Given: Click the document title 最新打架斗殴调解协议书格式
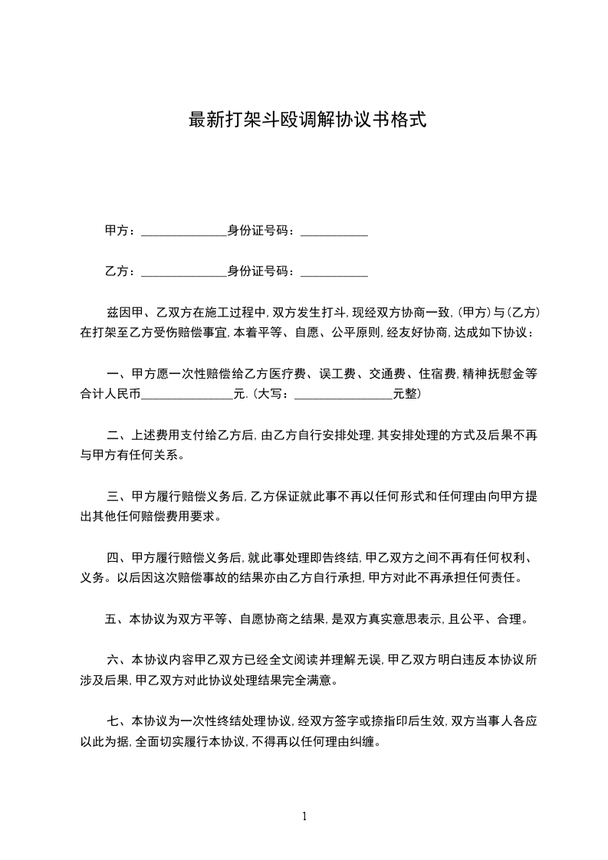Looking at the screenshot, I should click(x=307, y=120).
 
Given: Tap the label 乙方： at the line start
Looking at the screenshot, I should click(x=120, y=271).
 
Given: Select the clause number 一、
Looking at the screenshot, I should click(x=117, y=375).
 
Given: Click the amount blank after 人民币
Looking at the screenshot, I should click(x=188, y=396).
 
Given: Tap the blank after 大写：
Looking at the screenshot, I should click(x=343, y=396).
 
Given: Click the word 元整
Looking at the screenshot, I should click(x=405, y=396).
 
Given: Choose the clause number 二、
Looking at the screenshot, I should click(x=117, y=435).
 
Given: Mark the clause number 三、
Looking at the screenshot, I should click(x=117, y=496).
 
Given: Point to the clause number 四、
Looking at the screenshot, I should click(x=117, y=557).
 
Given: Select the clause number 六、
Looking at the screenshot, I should click(x=117, y=659).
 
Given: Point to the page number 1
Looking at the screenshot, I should click(x=304, y=816).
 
